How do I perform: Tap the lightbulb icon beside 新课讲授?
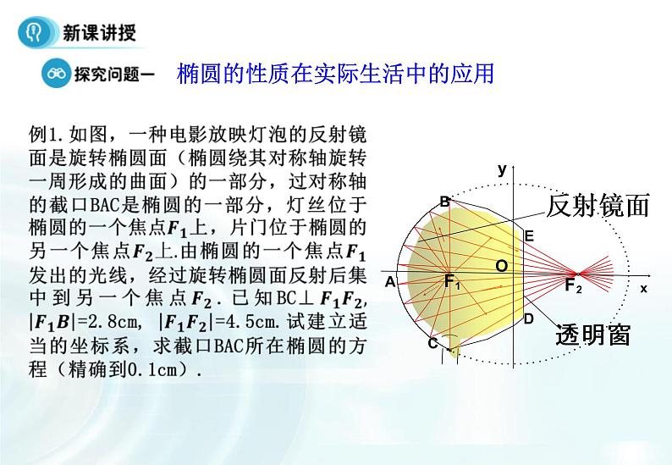[35, 32]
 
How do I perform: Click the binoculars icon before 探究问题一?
[58, 75]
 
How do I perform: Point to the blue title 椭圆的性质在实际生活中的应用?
[335, 74]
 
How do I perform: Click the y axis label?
[501, 169]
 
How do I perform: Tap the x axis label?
[643, 288]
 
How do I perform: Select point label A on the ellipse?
[389, 281]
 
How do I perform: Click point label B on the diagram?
[444, 202]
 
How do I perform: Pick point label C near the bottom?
[432, 343]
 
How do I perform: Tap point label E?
[529, 236]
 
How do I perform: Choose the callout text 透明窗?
[593, 335]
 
